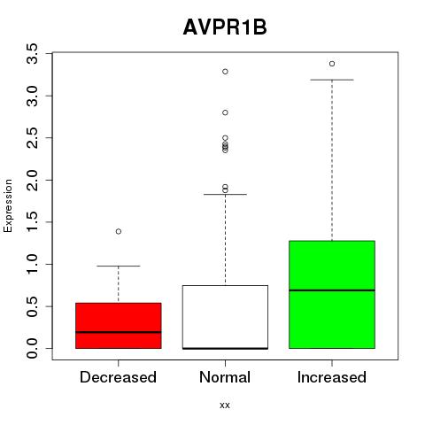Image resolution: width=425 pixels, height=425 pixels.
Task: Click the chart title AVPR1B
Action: [225, 27]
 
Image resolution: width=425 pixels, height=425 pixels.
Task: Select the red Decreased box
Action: [119, 326]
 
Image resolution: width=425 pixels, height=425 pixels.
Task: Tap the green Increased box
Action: [332, 295]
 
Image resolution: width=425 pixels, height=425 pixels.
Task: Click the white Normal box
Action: [225, 317]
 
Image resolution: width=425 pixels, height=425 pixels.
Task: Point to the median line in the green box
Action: [332, 290]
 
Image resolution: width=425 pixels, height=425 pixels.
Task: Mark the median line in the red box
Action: [119, 332]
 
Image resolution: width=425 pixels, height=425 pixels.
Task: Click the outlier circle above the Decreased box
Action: [119, 231]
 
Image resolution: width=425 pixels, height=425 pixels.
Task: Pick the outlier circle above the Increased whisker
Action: [332, 64]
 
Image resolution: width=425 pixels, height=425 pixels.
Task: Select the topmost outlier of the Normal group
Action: [225, 72]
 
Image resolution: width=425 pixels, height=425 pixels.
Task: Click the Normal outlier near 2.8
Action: [225, 112]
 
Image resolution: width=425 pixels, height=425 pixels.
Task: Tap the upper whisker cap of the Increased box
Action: [332, 80]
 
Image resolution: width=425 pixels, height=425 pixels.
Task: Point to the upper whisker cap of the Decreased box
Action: [119, 266]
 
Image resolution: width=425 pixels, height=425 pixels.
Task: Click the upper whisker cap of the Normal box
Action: [225, 195]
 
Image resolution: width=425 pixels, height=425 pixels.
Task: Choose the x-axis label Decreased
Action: [118, 377]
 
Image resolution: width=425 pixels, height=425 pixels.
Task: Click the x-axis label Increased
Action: [332, 377]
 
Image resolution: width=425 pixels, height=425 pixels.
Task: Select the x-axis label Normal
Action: [225, 377]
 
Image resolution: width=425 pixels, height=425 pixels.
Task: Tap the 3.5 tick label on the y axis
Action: [32, 53]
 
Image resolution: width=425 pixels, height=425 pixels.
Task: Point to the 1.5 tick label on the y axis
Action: [32, 222]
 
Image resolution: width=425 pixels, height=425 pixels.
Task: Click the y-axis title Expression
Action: [8, 205]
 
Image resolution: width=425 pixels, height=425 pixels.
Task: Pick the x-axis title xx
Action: [225, 406]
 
